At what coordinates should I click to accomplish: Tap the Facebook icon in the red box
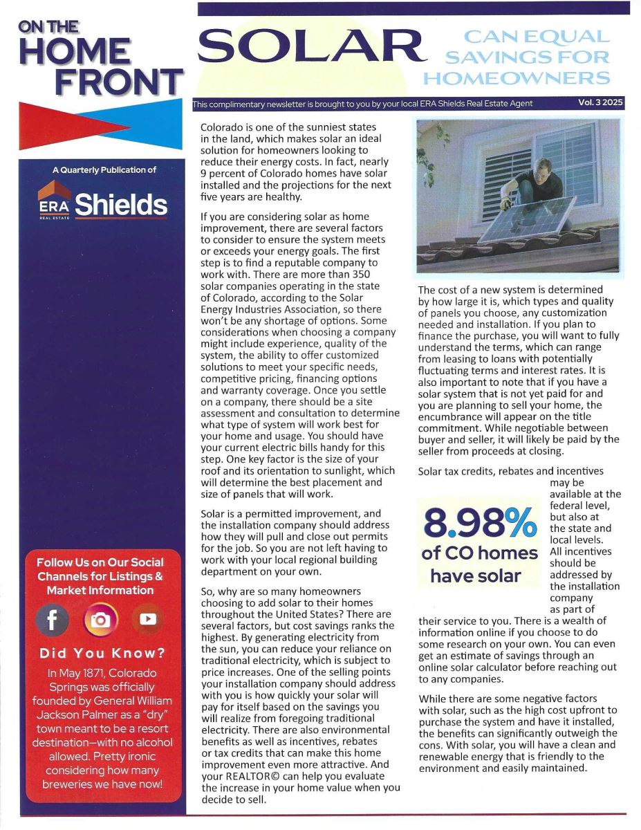point(53,620)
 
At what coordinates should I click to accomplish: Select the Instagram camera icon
point(100,620)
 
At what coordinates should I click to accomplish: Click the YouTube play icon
point(148,620)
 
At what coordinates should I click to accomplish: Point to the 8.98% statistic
point(479,523)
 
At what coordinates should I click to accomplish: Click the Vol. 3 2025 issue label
point(601,102)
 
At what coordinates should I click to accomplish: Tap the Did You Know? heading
point(102,654)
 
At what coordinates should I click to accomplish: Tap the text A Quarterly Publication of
point(104,169)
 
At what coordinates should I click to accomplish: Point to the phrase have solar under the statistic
point(476,575)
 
